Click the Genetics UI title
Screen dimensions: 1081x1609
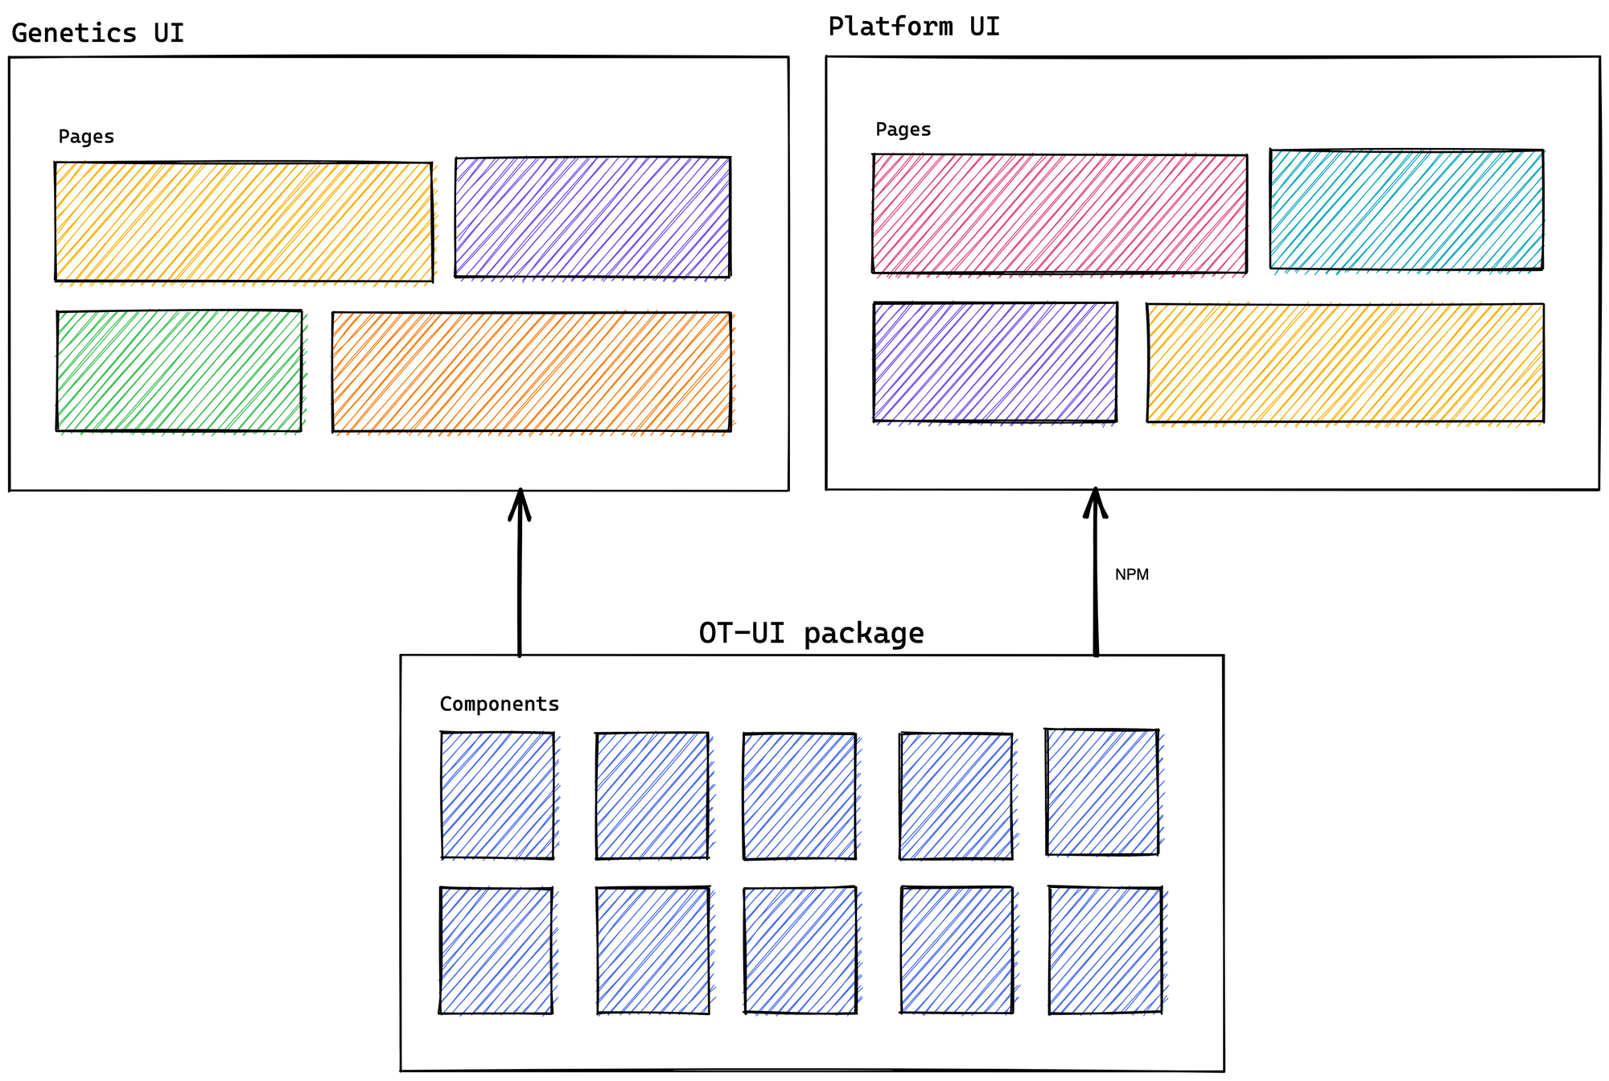pos(97,33)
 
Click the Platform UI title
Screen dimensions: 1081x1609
pos(914,27)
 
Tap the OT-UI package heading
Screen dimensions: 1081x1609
pos(811,633)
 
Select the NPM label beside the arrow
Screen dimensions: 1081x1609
pos(1131,574)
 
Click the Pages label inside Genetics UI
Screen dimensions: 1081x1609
pos(86,137)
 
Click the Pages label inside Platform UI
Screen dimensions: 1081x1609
pos(903,129)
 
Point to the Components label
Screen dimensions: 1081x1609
pos(499,704)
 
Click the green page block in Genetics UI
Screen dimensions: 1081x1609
pos(179,371)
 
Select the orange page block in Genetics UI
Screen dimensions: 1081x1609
pos(531,372)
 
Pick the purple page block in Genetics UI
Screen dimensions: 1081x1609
pos(592,217)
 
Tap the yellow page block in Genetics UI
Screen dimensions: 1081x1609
pos(243,221)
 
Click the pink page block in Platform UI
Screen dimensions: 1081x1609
pos(1060,213)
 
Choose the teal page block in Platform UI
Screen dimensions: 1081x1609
pos(1406,209)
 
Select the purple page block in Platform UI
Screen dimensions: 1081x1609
pos(994,362)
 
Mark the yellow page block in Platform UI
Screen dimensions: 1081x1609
pos(1344,362)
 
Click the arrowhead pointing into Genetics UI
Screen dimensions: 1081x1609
pos(520,503)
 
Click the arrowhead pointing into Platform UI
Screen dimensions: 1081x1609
pos(1095,502)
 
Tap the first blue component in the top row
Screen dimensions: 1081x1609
pos(497,795)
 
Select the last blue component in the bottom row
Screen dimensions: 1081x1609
pos(1105,950)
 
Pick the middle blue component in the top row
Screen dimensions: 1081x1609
pos(799,795)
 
